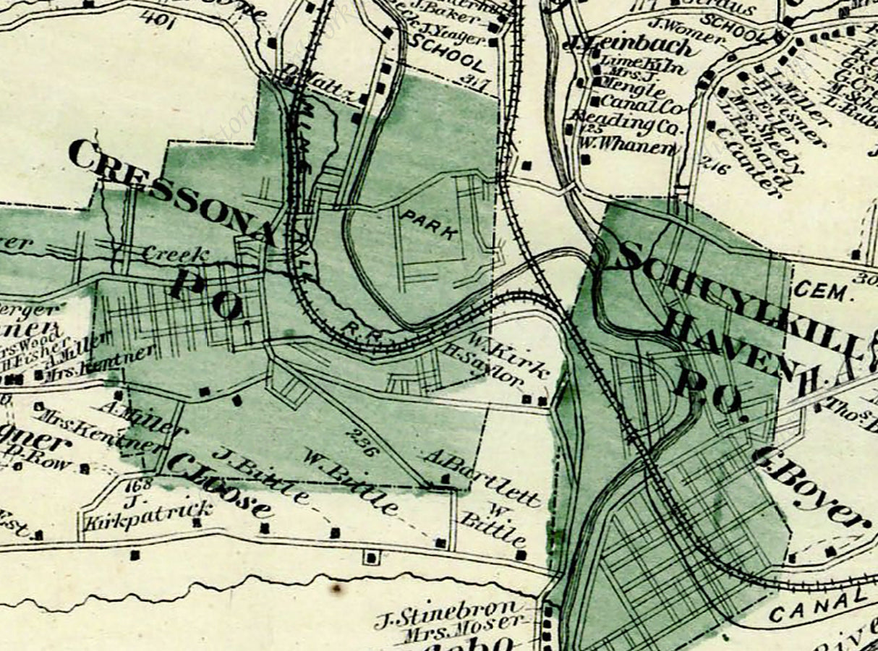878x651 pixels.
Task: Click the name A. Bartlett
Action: [482, 477]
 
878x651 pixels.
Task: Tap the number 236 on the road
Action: [362, 443]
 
